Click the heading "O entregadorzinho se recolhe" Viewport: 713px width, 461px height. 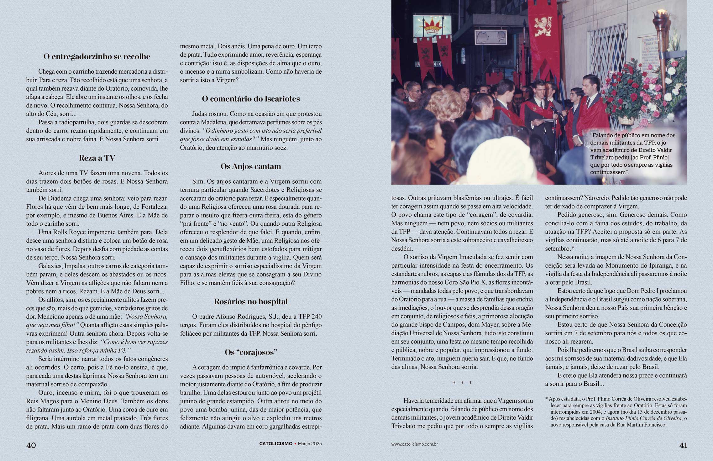(97, 57)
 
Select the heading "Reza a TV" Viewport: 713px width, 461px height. (97, 158)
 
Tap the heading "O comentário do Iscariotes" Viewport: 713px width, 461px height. (251, 99)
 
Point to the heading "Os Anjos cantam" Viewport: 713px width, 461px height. (251, 166)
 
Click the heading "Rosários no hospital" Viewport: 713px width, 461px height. (251, 302)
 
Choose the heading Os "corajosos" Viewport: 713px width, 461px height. (251, 353)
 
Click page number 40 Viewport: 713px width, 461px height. (31, 445)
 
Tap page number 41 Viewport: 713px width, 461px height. (683, 445)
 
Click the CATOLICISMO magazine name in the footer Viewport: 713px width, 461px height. (276, 444)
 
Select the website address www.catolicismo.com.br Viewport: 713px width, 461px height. (414, 444)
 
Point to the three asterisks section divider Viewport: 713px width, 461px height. (462, 383)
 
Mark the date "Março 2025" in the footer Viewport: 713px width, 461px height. (310, 444)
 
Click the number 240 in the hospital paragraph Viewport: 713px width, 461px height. (315, 317)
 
